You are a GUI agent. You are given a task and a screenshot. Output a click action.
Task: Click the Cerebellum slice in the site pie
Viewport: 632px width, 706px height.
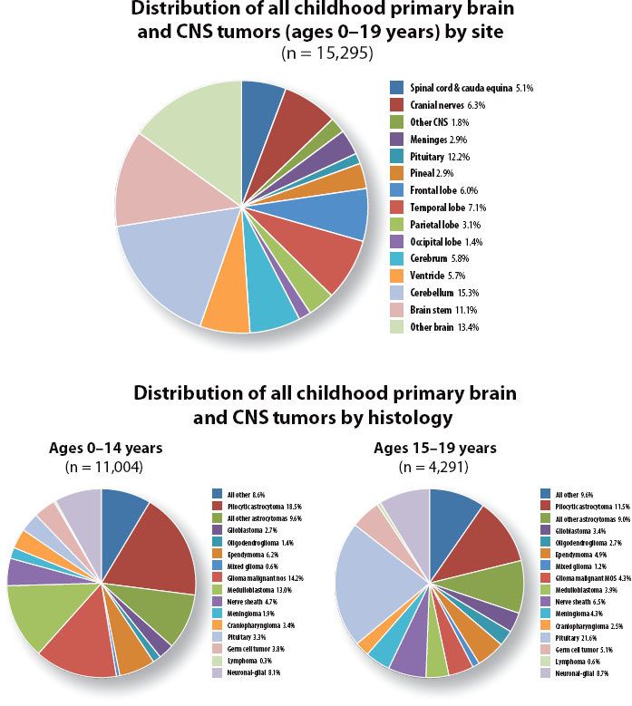[x=163, y=267]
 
